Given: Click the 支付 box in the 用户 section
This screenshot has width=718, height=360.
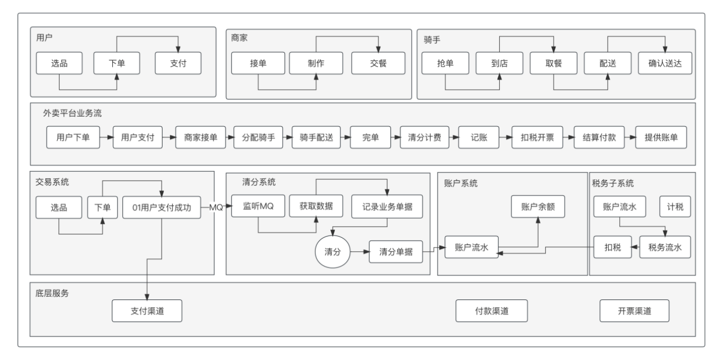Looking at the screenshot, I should click(178, 63).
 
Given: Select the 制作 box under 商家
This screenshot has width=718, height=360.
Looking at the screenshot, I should click(316, 63).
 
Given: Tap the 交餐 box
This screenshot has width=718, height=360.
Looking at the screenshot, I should click(378, 63).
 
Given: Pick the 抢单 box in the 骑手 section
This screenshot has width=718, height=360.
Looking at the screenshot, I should click(445, 63).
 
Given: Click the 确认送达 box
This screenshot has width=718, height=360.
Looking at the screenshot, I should click(665, 63).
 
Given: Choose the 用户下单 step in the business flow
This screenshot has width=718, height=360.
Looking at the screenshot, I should click(73, 137).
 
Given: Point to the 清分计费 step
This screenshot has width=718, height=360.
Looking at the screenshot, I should click(425, 137).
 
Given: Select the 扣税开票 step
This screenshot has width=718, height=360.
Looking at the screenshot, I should click(537, 137).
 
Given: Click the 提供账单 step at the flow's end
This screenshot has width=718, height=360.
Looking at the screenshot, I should click(661, 137).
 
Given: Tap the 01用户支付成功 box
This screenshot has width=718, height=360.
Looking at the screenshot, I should click(162, 207).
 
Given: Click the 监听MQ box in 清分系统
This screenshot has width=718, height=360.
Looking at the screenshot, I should click(258, 206).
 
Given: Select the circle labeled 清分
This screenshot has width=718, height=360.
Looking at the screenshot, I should click(333, 251).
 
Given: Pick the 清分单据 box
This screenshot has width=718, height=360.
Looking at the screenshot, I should click(396, 252).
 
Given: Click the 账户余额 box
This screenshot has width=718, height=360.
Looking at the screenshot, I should click(538, 206).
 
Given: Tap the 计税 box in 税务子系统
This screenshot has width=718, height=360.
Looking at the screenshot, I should click(675, 206).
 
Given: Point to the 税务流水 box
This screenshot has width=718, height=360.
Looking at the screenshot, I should click(665, 247).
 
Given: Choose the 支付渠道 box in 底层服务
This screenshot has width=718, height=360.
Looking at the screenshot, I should click(147, 311).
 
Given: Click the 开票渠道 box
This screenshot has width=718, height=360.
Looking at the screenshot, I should click(634, 311).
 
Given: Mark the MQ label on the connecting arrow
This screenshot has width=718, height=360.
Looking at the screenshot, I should click(216, 208).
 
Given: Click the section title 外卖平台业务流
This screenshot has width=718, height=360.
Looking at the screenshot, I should click(72, 113).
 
